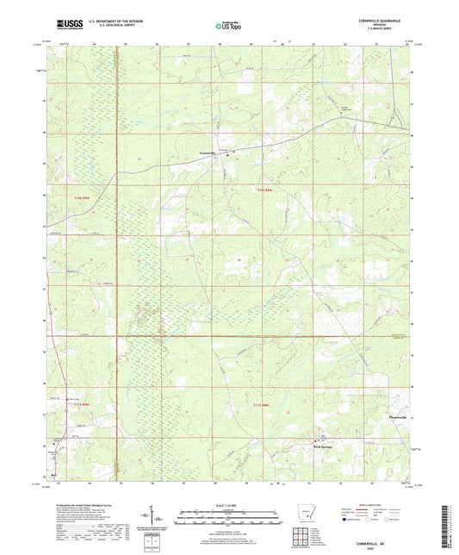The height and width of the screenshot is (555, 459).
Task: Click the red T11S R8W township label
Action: pyautogui.click(x=268, y=190)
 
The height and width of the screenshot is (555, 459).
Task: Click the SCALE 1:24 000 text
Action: pyautogui.click(x=230, y=505)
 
